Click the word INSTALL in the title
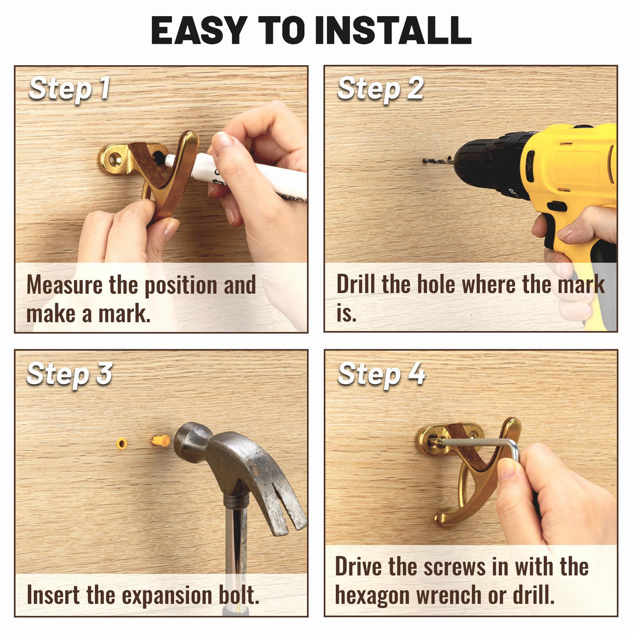click(393, 30)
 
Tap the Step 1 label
click(69, 89)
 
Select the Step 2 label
click(381, 89)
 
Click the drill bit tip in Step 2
click(424, 161)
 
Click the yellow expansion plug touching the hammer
click(161, 441)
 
